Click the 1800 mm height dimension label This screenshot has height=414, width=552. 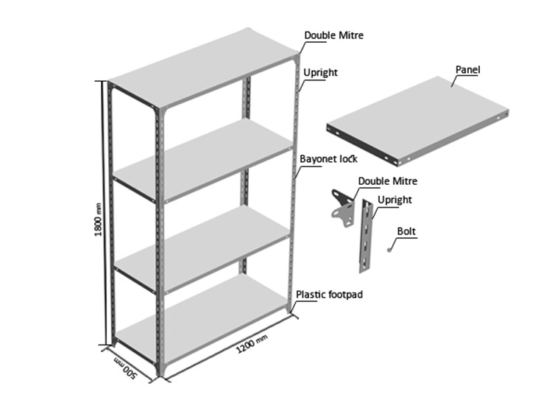pos(99,220)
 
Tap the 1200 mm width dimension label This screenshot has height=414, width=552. pos(252,343)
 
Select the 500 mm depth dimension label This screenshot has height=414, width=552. pos(125,368)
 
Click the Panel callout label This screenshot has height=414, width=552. pos(467,69)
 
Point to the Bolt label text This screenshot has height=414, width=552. pos(406,231)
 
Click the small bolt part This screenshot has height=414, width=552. pos(389,250)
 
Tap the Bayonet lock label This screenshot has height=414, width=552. pos(328,159)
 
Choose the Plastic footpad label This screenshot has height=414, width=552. pos(329,294)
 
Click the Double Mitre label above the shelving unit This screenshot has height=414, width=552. pos(333,35)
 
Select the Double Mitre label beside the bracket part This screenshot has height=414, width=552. pos(388,181)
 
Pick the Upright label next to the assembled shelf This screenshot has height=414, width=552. pos(320,73)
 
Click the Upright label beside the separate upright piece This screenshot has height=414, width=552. pos(394,200)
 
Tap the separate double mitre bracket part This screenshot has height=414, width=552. pos(342,208)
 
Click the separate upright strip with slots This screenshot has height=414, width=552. pos(366,236)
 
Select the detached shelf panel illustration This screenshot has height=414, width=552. pos(417,121)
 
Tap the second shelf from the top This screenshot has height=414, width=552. pos(203,161)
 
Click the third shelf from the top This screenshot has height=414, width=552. pos(202,248)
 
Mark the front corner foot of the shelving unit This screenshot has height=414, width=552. pos(162,369)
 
